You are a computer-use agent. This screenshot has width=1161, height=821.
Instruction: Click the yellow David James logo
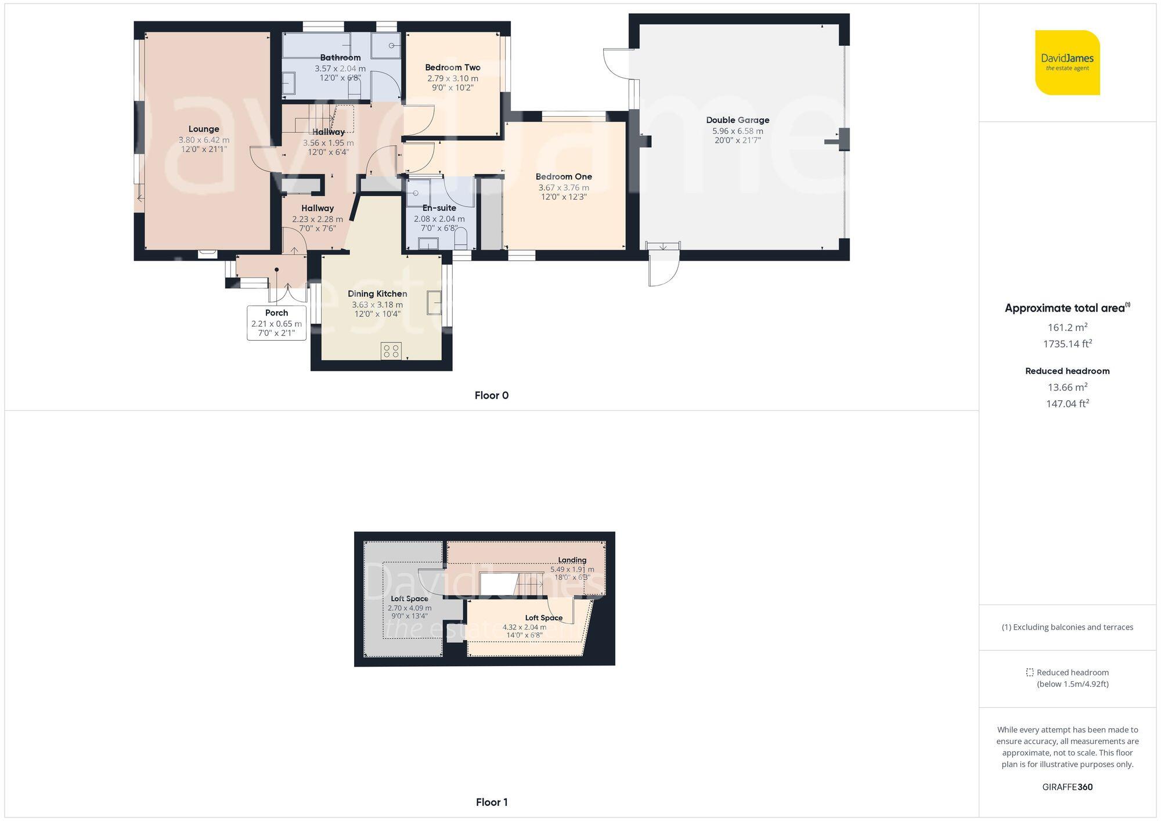pyautogui.click(x=1067, y=63)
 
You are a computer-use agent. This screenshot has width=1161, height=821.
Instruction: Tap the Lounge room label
pyautogui.click(x=204, y=129)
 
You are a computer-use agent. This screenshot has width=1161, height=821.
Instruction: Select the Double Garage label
pyautogui.click(x=737, y=120)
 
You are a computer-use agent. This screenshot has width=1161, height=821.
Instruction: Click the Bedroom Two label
pyautogui.click(x=452, y=67)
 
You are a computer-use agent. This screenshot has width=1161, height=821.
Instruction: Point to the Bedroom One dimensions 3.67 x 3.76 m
pyautogui.click(x=563, y=187)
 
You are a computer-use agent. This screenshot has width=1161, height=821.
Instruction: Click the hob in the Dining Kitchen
pyautogui.click(x=391, y=350)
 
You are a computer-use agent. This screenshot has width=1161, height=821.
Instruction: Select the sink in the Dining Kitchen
pyautogui.click(x=434, y=302)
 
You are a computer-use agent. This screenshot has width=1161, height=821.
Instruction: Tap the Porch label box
pyautogui.click(x=276, y=323)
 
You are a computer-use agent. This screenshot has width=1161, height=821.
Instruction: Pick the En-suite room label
pyautogui.click(x=439, y=208)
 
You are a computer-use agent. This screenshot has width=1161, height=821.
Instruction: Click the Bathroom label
pyautogui.click(x=340, y=57)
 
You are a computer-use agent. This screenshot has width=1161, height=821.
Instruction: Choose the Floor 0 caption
pyautogui.click(x=491, y=395)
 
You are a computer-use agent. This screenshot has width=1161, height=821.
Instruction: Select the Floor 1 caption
pyautogui.click(x=491, y=802)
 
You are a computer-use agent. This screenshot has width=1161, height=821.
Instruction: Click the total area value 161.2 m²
pyautogui.click(x=1067, y=327)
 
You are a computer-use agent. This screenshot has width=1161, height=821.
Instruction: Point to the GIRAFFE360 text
pyautogui.click(x=1067, y=787)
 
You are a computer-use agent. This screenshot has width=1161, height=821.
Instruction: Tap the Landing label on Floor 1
pyautogui.click(x=572, y=560)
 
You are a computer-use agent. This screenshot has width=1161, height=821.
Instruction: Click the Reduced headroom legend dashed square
pyautogui.click(x=1029, y=672)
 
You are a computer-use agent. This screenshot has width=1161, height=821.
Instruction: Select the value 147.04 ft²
pyautogui.click(x=1067, y=403)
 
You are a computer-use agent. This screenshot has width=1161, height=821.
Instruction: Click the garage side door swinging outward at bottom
pyautogui.click(x=664, y=267)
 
